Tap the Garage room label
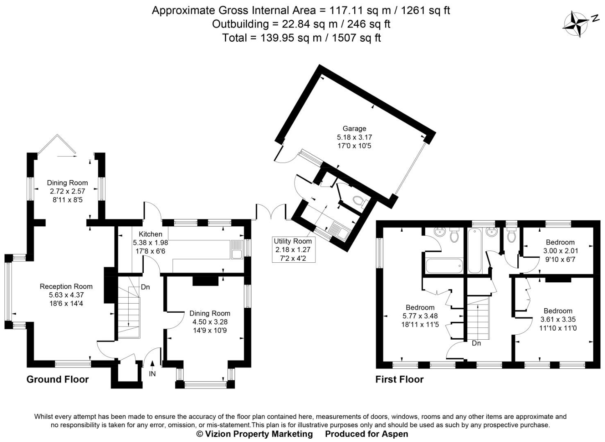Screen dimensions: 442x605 [x=354, y=129]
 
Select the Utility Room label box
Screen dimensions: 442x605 [x=292, y=250]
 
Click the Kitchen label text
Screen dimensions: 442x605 [x=150, y=234]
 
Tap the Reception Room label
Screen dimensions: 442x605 [x=66, y=286]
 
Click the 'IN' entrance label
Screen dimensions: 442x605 [x=152, y=374]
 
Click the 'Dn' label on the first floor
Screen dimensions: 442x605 [x=476, y=343]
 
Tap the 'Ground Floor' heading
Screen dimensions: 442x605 [x=57, y=379]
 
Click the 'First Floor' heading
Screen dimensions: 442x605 [x=399, y=379]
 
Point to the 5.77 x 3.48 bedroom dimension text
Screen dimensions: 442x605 [x=420, y=316]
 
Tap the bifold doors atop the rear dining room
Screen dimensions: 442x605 [x=57, y=146]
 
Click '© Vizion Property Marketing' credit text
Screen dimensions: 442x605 [x=254, y=434]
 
